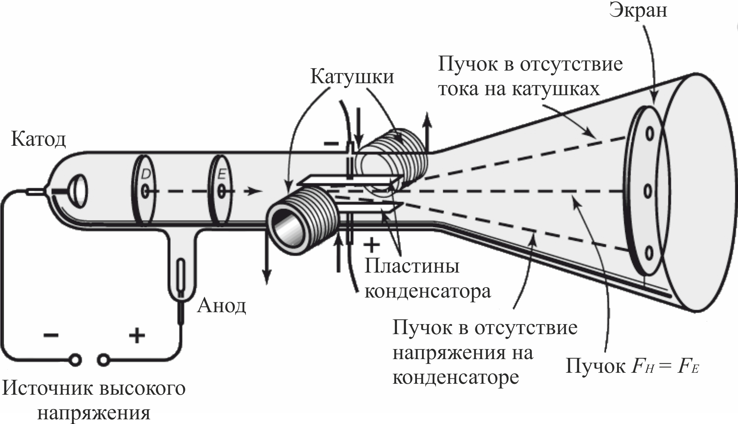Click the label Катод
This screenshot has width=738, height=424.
click(x=38, y=139)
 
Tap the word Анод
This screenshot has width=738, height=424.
click(x=221, y=306)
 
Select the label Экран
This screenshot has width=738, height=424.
click(x=638, y=11)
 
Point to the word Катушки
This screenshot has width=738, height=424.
click(x=352, y=77)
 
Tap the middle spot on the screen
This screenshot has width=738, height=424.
click(x=648, y=191)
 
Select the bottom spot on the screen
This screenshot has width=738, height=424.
click(x=648, y=254)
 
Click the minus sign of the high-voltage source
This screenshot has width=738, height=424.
click(x=51, y=335)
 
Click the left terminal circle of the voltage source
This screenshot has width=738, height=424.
click(x=76, y=360)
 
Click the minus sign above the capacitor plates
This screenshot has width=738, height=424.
click(x=331, y=143)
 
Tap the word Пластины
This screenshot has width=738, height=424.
click(x=412, y=266)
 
